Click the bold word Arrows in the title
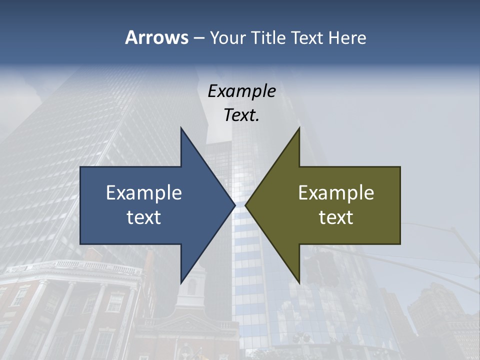point(156,37)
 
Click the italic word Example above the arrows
point(241,91)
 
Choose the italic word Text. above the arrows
point(241,115)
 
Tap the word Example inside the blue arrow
point(144,192)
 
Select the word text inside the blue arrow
point(144,217)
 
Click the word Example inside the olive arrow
point(336,192)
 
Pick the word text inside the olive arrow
point(336,217)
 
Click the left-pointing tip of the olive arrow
point(246,205)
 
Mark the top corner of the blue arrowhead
point(181,128)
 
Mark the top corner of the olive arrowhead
point(299,128)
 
